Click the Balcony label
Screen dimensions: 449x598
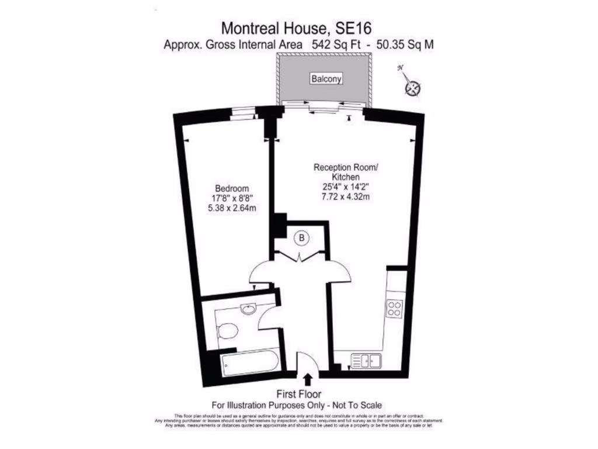coord(326,79)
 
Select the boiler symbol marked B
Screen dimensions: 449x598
coord(302,238)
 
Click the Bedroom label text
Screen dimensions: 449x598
coord(232,188)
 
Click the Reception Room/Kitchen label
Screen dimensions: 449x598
coord(346,172)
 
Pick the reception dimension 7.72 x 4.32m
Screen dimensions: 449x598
coord(346,196)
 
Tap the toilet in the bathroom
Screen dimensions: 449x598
coord(229,331)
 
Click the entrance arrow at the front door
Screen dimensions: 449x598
coord(308,381)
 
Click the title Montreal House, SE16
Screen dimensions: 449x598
coord(297,27)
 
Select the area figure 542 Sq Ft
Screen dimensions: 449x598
coord(338,44)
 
